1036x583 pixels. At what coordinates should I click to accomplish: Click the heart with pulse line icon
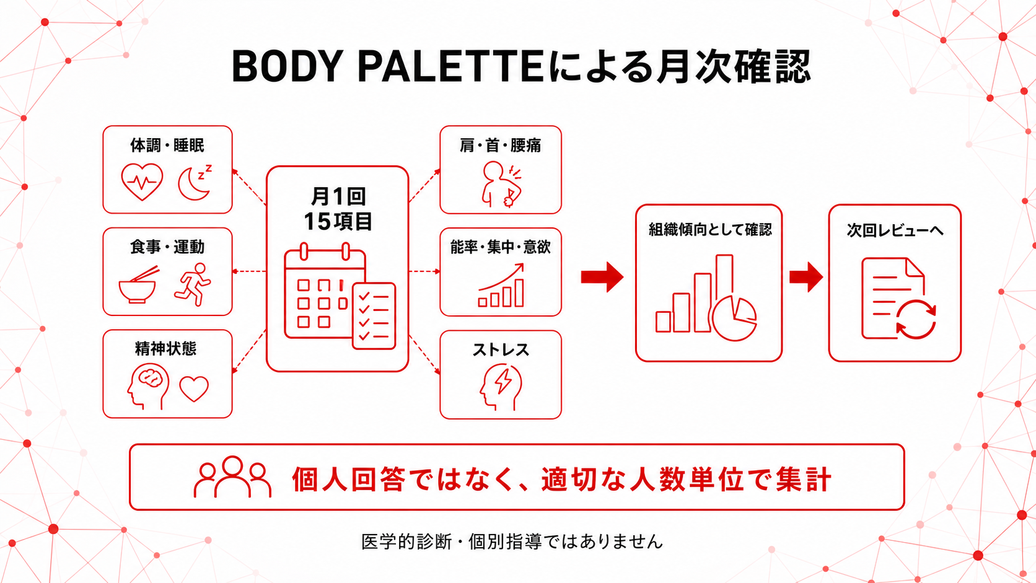142,182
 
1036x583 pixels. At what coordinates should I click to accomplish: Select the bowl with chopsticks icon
138,285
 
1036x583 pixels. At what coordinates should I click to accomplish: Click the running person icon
193,284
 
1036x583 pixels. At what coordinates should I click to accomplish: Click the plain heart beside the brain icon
194,389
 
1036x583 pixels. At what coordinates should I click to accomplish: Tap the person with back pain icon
501,184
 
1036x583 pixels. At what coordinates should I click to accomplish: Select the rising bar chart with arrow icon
501,285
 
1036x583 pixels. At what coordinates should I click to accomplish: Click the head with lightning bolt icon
501,387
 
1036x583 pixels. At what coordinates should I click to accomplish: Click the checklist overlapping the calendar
374,316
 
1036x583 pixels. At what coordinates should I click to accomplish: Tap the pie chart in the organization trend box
734,318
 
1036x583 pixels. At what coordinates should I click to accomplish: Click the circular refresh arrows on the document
916,320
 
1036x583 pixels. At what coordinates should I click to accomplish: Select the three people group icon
232,476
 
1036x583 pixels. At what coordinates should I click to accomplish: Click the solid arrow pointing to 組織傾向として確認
602,277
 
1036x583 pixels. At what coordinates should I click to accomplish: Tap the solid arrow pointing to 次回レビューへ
806,277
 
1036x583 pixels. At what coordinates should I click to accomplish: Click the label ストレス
501,350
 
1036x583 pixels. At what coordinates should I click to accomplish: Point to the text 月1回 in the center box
338,196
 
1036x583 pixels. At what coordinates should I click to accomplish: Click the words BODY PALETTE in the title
388,66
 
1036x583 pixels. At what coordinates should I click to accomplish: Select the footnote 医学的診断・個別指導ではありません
512,541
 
